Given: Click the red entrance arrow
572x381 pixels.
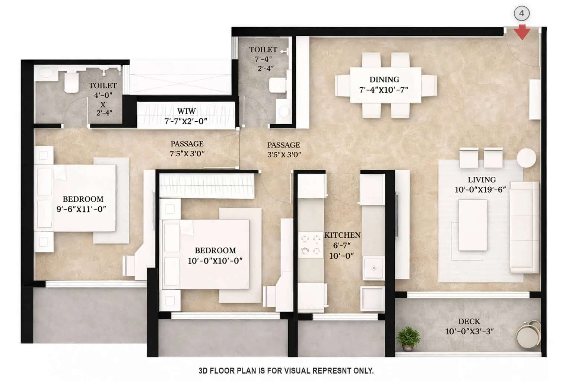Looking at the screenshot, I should coord(522,32).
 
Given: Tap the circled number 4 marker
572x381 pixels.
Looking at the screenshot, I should coord(521,14).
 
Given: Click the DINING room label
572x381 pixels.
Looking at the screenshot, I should coord(384,80).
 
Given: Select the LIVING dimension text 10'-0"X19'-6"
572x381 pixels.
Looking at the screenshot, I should coord(480,190).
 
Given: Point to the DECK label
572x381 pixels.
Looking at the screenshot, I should coord(469,321).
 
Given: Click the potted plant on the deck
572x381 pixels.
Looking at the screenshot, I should coord(408,338).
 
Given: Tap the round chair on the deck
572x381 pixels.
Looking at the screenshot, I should coord(528,334).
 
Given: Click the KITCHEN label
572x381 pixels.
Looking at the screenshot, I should coord(342,235).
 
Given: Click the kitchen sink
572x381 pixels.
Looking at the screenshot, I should coord(373,268).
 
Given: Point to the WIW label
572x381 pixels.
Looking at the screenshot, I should coord(186,111).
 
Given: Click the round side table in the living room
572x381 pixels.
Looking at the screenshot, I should coord(527,158).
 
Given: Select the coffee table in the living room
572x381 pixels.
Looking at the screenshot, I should coord(472,225).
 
